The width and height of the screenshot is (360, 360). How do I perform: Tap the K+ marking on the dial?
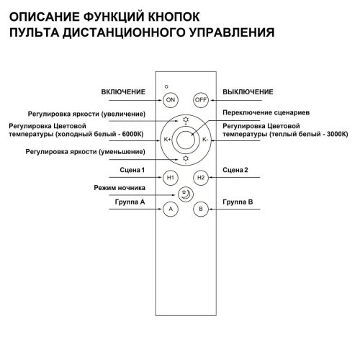pyautogui.click(x=168, y=139)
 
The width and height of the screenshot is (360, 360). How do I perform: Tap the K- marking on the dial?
pyautogui.click(x=204, y=139)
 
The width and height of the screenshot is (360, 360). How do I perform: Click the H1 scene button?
pyautogui.click(x=171, y=176)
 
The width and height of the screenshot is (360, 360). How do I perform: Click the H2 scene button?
pyautogui.click(x=201, y=176)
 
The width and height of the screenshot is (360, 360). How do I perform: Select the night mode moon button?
pyautogui.click(x=186, y=193)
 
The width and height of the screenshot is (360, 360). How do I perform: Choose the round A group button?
pyautogui.click(x=171, y=210)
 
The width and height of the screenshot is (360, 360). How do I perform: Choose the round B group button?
pyautogui.click(x=201, y=210)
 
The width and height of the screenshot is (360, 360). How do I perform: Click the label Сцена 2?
pyautogui.click(x=238, y=170)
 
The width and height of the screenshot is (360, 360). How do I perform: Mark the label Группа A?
pyautogui.click(x=129, y=203)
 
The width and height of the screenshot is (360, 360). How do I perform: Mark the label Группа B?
pyautogui.click(x=238, y=203)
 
